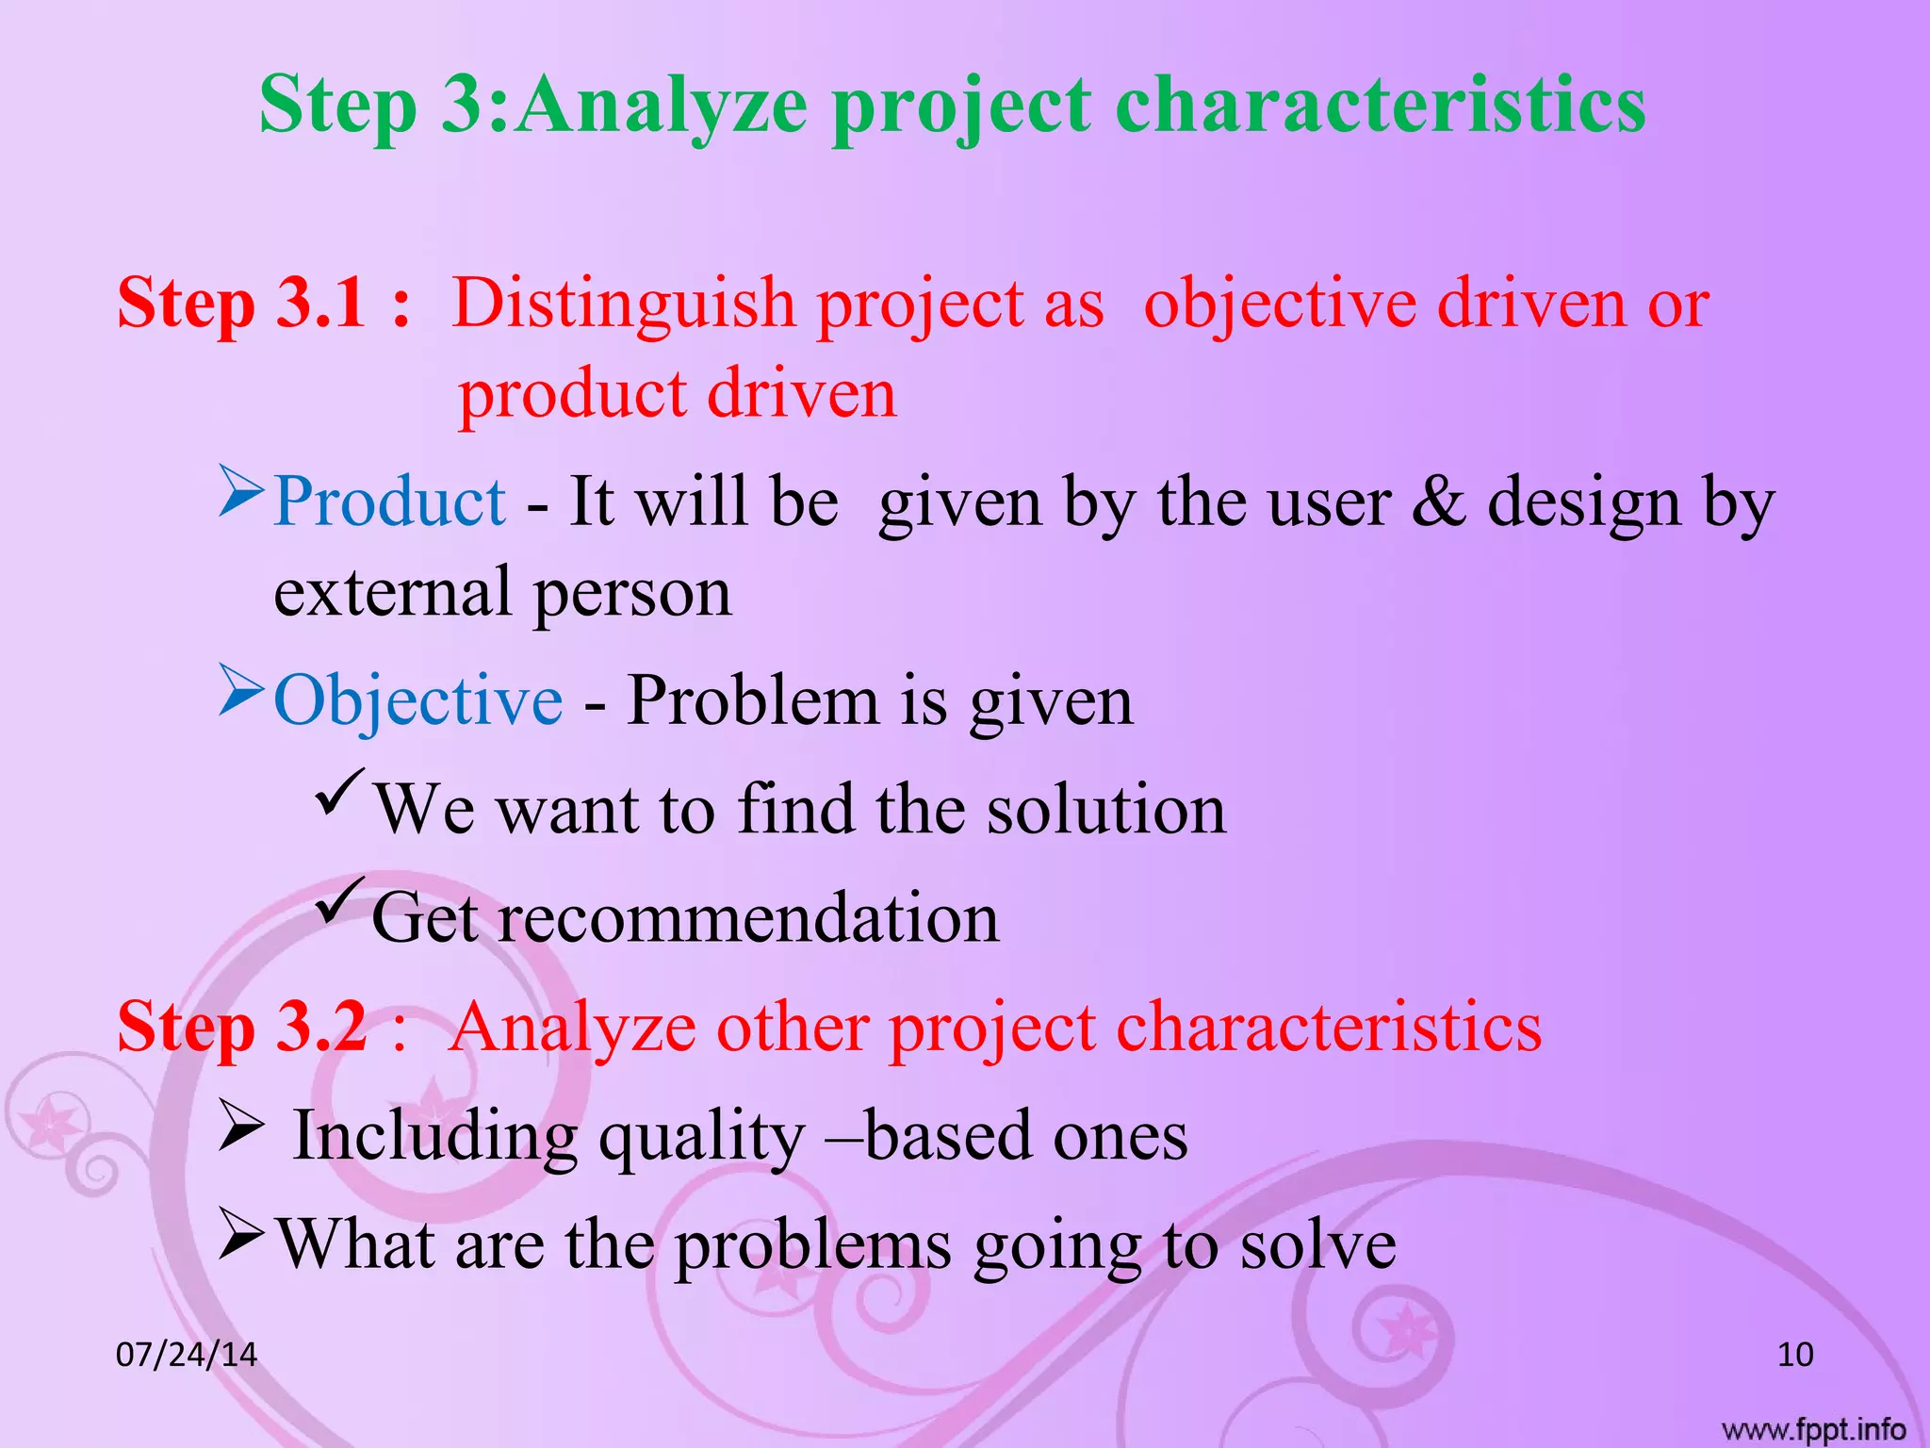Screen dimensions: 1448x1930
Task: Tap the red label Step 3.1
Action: (241, 304)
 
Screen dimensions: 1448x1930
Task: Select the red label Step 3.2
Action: (241, 1027)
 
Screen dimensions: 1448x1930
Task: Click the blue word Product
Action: (389, 502)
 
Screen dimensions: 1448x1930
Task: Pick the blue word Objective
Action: (417, 700)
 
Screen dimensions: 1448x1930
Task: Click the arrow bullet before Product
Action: (239, 491)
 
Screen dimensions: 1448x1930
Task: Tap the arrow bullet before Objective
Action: (239, 690)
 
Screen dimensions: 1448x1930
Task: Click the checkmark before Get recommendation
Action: (339, 901)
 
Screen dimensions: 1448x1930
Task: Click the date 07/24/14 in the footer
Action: (186, 1355)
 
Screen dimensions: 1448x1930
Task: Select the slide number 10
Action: (1794, 1355)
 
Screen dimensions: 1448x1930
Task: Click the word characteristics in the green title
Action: (1380, 106)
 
